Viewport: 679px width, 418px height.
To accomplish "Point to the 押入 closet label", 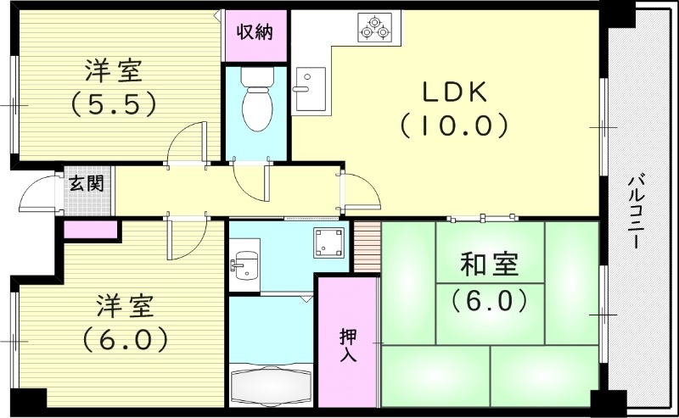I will point(348,345).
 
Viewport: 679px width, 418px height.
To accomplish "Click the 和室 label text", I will point(489,266).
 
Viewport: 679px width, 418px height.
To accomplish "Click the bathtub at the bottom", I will point(272,382).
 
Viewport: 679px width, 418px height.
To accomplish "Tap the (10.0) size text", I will point(454,126).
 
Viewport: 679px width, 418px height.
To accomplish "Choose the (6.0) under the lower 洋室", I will point(125,339).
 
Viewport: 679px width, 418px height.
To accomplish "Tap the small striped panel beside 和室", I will point(366,247).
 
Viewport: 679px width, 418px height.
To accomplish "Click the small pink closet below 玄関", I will point(90,228).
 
